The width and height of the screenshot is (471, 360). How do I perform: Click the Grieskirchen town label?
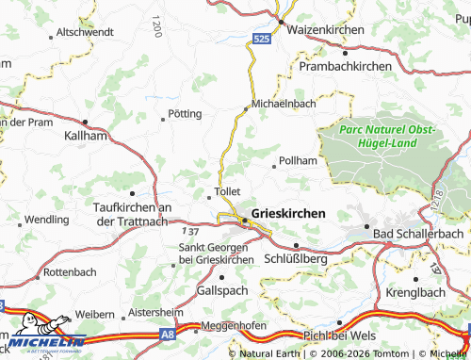[289, 214]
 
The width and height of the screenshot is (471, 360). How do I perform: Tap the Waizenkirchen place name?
[325, 30]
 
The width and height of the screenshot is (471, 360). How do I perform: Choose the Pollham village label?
[299, 162]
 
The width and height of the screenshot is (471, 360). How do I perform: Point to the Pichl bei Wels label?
[339, 335]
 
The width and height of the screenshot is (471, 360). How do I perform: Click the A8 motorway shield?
[167, 333]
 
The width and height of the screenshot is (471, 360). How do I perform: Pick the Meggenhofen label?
[231, 327]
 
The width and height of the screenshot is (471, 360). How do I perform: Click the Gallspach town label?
[221, 291]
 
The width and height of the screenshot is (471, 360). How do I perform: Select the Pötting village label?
[184, 113]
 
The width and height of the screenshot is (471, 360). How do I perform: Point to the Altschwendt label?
[85, 32]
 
